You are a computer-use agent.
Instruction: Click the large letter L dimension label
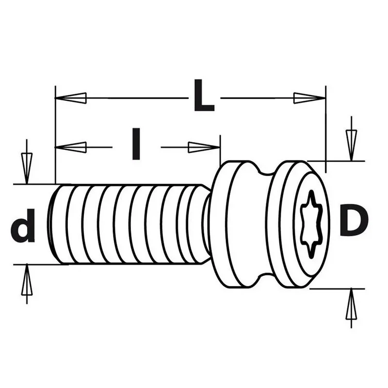(204, 95)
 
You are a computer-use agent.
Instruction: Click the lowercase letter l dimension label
(136, 144)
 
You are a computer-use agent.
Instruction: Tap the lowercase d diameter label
(23, 225)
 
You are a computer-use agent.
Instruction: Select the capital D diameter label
(354, 220)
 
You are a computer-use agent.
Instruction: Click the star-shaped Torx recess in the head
(311, 225)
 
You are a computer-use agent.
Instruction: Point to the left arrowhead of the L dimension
(70, 98)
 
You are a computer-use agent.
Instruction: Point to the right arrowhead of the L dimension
(309, 98)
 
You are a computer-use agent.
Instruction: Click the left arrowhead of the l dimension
(70, 147)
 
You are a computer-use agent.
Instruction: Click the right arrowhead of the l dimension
(204, 147)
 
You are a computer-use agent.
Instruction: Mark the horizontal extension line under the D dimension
(337, 289)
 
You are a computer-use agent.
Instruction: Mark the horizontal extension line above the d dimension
(37, 184)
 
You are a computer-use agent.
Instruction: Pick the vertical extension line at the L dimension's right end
(325, 129)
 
